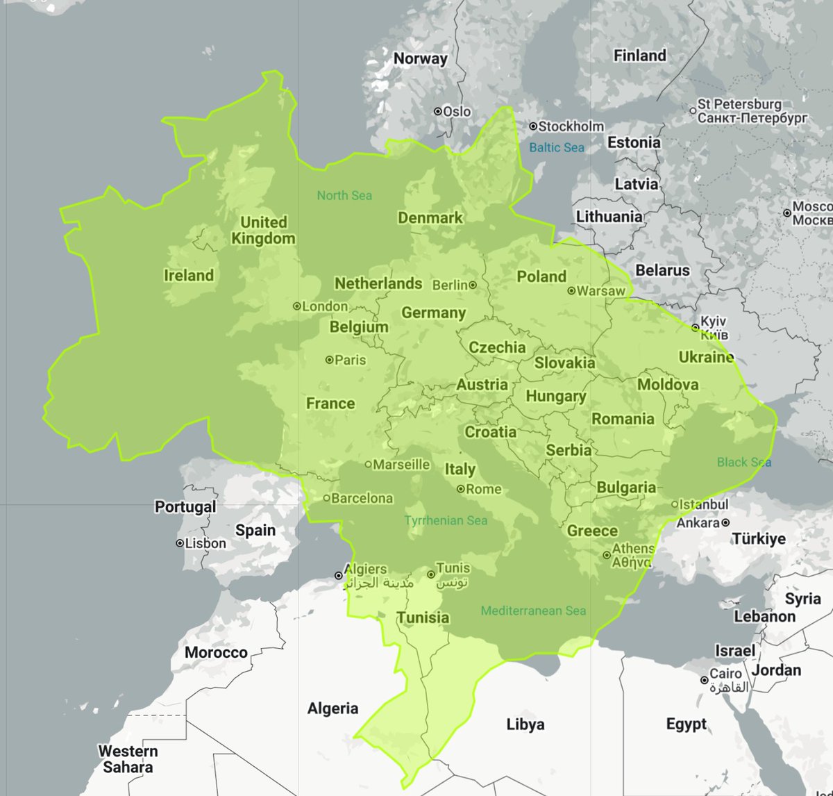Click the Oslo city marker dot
coord(438,111)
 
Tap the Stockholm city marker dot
coord(533,126)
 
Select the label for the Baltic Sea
coord(557,147)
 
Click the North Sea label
coord(344,196)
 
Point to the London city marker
coord(297,306)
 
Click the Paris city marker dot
coord(330,360)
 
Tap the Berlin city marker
coord(473,285)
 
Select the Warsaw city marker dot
coord(571,291)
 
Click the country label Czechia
coord(497,347)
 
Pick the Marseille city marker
coord(369,465)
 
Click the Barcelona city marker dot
coord(326,498)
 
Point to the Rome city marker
coord(460,489)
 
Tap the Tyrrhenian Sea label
coord(446,520)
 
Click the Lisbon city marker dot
coord(180,543)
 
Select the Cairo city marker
coord(704,680)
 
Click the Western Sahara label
coord(128,759)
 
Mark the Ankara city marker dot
coord(725,522)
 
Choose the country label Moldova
coord(668,384)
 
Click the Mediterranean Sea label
coord(533,611)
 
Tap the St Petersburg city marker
coord(693,110)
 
